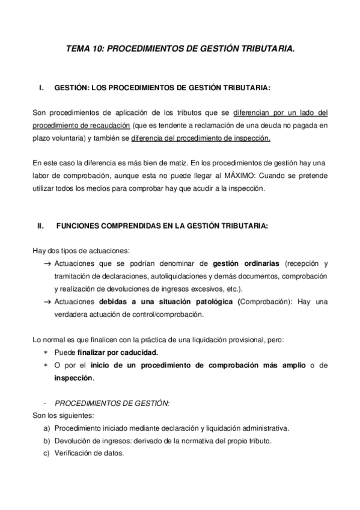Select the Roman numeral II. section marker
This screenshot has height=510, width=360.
pyautogui.click(x=41, y=227)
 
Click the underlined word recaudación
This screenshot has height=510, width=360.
pyautogui.click(x=111, y=125)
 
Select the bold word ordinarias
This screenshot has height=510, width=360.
pyautogui.click(x=259, y=263)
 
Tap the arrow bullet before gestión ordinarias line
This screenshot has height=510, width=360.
pyautogui.click(x=47, y=264)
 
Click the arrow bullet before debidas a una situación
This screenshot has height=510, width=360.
pyautogui.click(x=47, y=302)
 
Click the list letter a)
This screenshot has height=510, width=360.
pyautogui.click(x=46, y=428)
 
